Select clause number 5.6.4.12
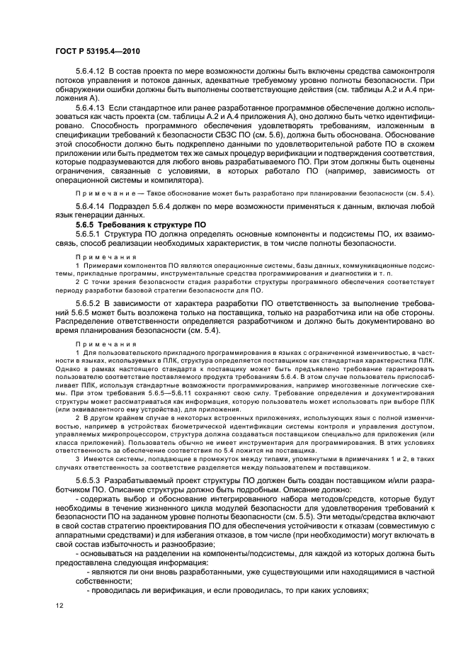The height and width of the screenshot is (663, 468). coord(90,72)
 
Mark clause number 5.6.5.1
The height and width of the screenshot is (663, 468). coord(87,233)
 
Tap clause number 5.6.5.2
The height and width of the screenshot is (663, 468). coord(87,302)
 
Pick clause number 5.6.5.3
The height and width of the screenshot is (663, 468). coord(87,480)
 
